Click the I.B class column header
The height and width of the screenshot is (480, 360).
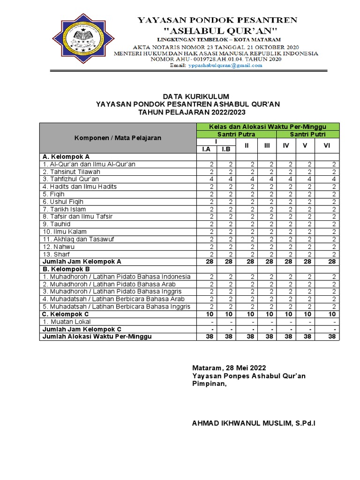[x=226, y=150]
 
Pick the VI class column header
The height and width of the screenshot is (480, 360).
[x=327, y=146]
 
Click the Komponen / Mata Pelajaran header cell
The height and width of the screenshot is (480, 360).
[x=117, y=138]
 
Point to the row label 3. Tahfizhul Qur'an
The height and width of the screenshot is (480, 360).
[x=71, y=179]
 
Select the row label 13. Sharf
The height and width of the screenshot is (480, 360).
[x=54, y=254]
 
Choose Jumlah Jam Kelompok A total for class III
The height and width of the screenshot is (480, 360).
[x=267, y=262]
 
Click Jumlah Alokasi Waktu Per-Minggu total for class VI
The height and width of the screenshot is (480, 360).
[x=332, y=337]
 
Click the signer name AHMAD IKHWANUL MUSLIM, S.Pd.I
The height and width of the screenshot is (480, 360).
[x=254, y=423]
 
